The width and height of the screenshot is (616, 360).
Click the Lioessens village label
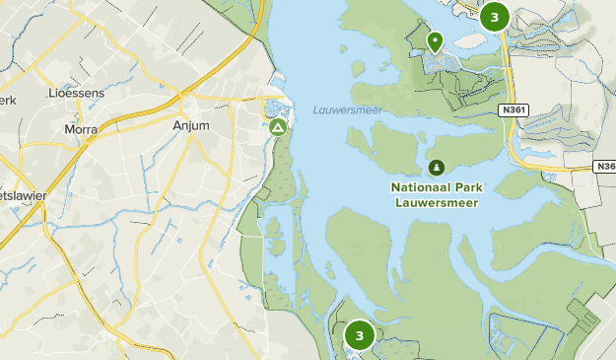[75, 93]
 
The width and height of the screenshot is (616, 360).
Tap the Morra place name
[80, 129]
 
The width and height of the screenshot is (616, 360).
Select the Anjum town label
[192, 126]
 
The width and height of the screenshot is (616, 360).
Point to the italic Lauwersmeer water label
[347, 109]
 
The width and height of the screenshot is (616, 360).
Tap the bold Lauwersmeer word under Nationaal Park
[437, 202]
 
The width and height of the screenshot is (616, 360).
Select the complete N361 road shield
[513, 109]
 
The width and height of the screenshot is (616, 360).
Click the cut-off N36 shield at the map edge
[606, 167]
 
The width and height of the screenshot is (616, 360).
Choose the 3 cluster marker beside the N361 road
[494, 16]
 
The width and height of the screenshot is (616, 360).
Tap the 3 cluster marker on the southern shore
[359, 336]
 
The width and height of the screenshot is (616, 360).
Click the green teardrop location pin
[435, 40]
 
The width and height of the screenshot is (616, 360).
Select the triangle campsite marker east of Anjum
[278, 127]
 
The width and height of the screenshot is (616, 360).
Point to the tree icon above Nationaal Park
[436, 167]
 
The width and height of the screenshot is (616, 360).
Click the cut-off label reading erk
[7, 101]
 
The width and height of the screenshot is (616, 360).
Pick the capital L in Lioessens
[52, 93]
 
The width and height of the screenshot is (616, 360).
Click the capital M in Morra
[67, 129]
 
